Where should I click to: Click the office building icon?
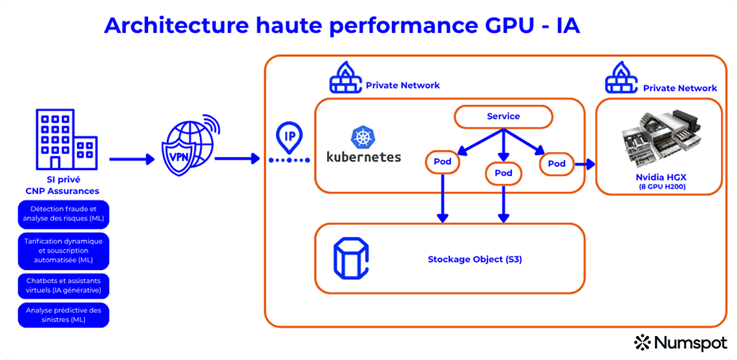point(65,139)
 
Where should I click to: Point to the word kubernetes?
point(364,156)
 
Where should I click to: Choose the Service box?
point(503,116)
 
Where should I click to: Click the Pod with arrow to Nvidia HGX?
point(556,164)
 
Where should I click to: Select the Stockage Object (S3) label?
point(475,259)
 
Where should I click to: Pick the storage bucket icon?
point(350,258)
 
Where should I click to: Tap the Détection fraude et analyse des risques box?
point(63,214)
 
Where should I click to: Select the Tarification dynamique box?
point(63,251)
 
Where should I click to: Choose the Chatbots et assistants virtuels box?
point(63,286)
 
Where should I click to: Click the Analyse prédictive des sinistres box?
point(63,315)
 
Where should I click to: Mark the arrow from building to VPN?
point(132,158)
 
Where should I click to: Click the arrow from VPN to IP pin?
point(237,158)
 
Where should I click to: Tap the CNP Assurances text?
point(63,191)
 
